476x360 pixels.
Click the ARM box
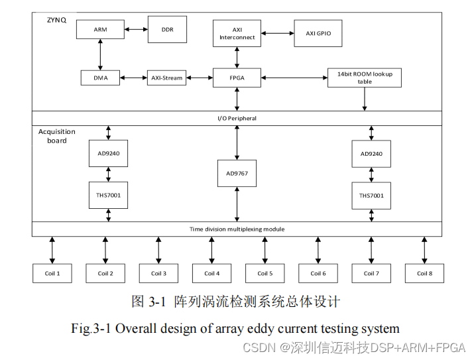tap(100, 29)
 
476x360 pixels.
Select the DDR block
tap(166, 29)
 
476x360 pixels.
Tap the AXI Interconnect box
tap(237, 33)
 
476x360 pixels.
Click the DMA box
tap(100, 78)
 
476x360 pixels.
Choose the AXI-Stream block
tap(166, 78)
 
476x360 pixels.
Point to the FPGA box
tap(237, 78)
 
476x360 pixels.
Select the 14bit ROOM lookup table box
tap(364, 78)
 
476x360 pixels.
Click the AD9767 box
tap(237, 173)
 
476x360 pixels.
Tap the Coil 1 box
tap(52, 273)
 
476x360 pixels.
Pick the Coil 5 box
tap(265, 273)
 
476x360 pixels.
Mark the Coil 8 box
tap(424, 273)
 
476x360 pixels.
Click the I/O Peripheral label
tap(237, 118)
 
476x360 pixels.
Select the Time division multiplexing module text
tap(237, 229)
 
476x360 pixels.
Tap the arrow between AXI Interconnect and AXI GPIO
tap(277, 33)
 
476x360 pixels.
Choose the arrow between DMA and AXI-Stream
tap(133, 78)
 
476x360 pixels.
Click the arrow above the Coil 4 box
tap(211, 250)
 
